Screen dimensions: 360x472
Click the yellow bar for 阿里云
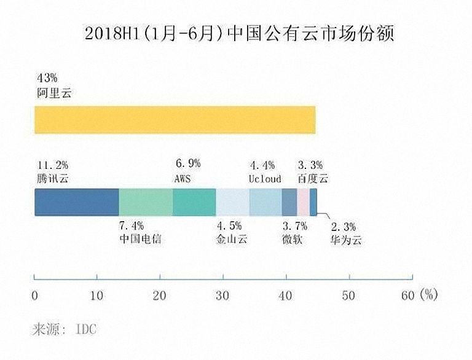(175, 119)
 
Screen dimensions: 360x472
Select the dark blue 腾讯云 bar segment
(76, 202)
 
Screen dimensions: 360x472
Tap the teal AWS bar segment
(194, 202)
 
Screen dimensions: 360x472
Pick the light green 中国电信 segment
(146, 202)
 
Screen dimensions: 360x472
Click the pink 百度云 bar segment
(303, 202)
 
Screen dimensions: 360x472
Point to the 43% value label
(47, 78)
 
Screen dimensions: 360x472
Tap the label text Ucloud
(264, 179)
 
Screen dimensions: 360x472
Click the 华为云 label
(345, 240)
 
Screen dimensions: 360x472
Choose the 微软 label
(292, 240)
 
